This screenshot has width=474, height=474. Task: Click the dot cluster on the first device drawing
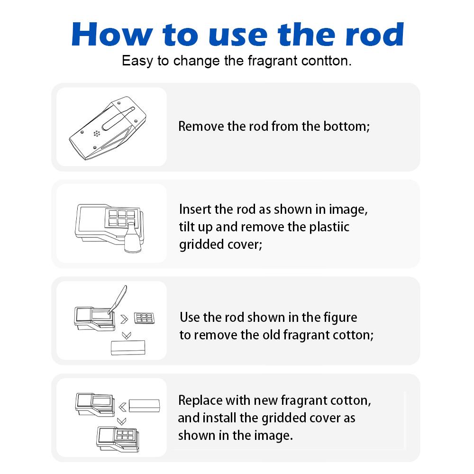(x=97, y=133)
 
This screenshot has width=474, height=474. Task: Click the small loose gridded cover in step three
(x=145, y=318)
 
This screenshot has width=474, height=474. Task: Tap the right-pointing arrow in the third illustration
(x=125, y=318)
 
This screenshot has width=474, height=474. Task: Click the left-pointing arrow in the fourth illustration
(x=123, y=406)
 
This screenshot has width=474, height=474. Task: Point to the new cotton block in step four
(x=145, y=405)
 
